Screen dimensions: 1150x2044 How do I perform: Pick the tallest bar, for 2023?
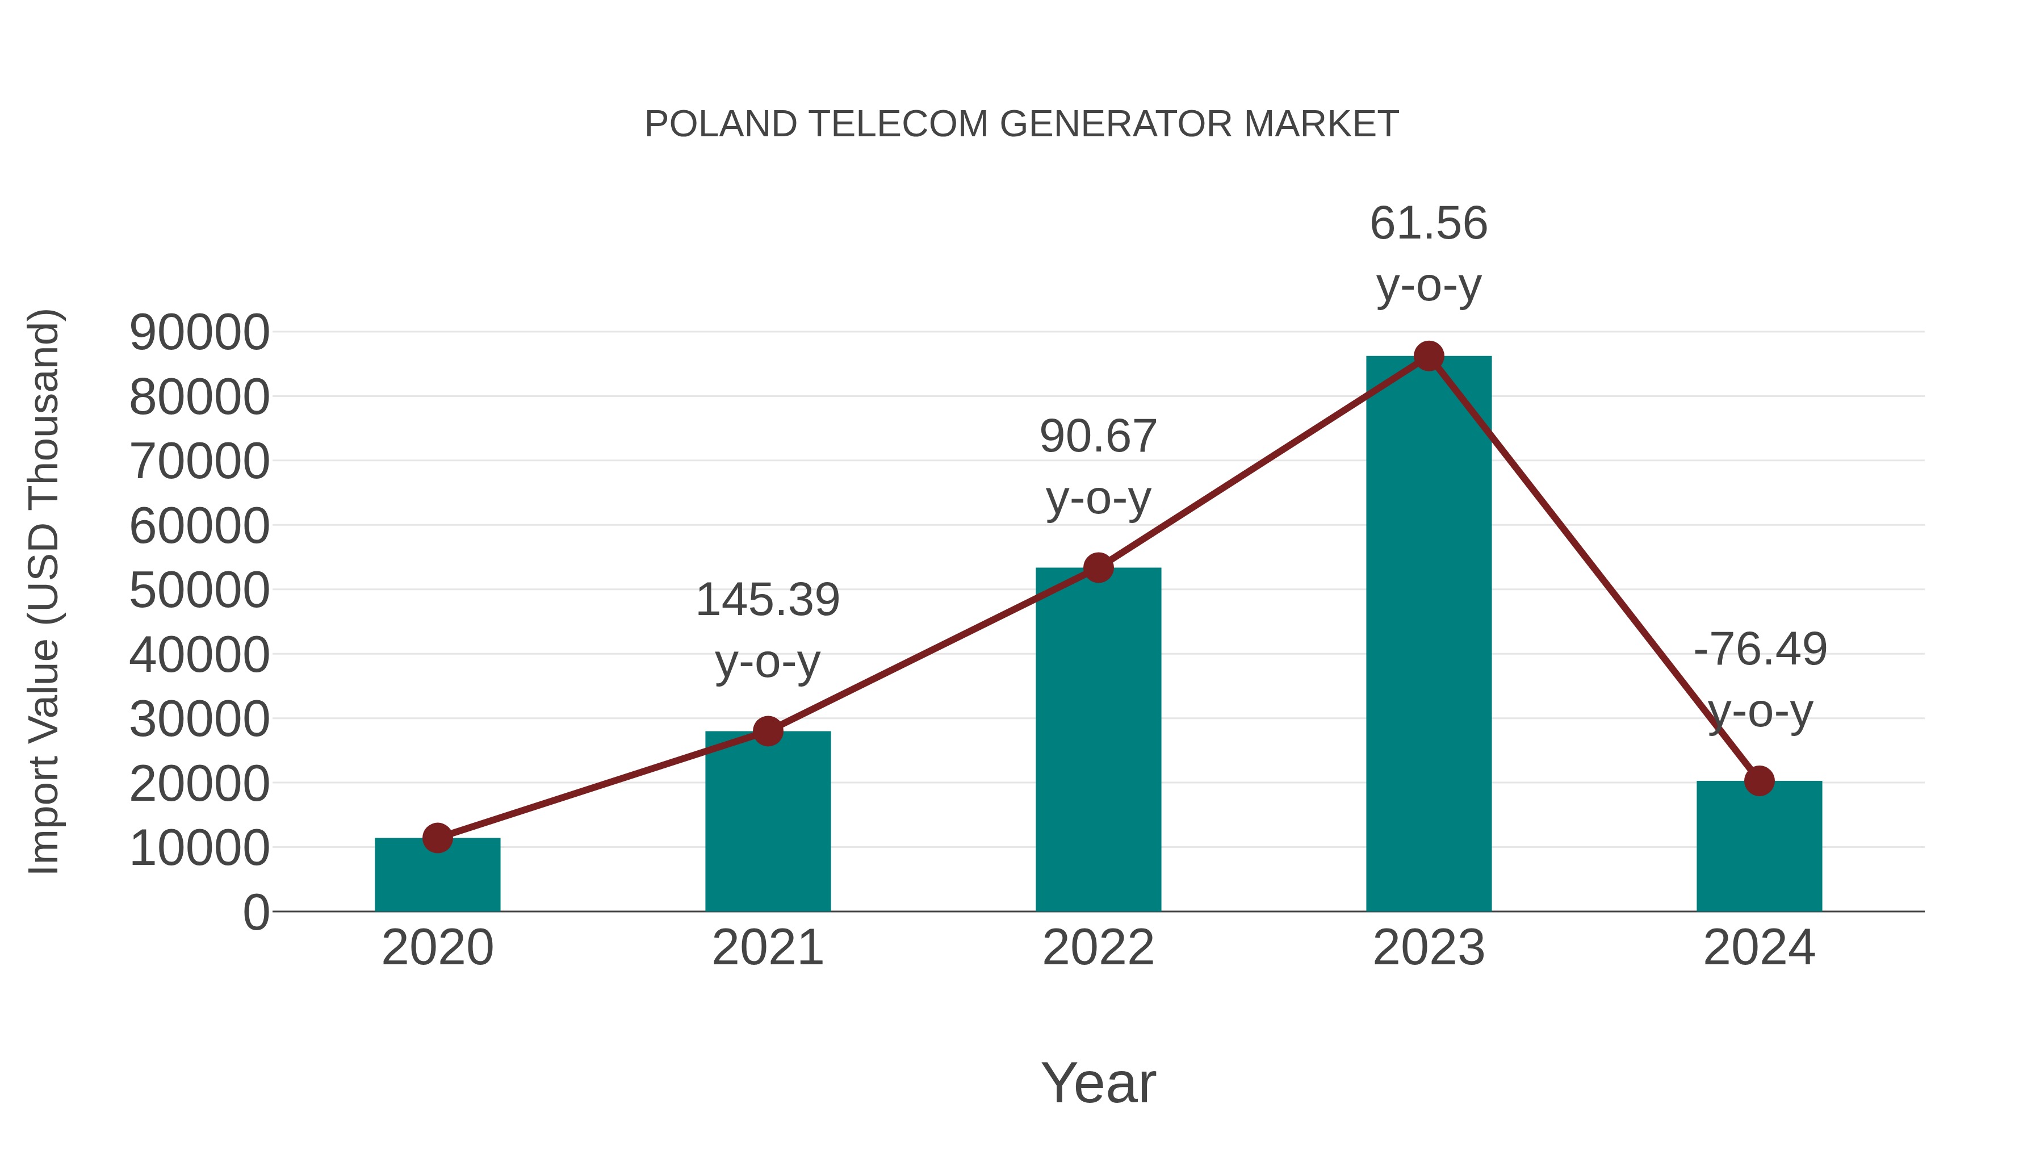(1429, 635)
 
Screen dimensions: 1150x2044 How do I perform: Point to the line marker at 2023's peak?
(1429, 356)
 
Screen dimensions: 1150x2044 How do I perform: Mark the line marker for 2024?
(1759, 781)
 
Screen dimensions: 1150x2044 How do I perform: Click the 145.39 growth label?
(767, 600)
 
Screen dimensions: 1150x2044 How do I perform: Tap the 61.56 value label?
(1429, 224)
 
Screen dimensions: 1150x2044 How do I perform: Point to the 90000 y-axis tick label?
(199, 333)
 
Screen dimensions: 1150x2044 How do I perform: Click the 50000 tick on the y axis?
(199, 591)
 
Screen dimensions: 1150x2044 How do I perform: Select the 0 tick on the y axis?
(256, 912)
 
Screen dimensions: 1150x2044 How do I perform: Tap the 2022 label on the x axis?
(1098, 948)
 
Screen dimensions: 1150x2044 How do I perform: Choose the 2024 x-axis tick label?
(1759, 948)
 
